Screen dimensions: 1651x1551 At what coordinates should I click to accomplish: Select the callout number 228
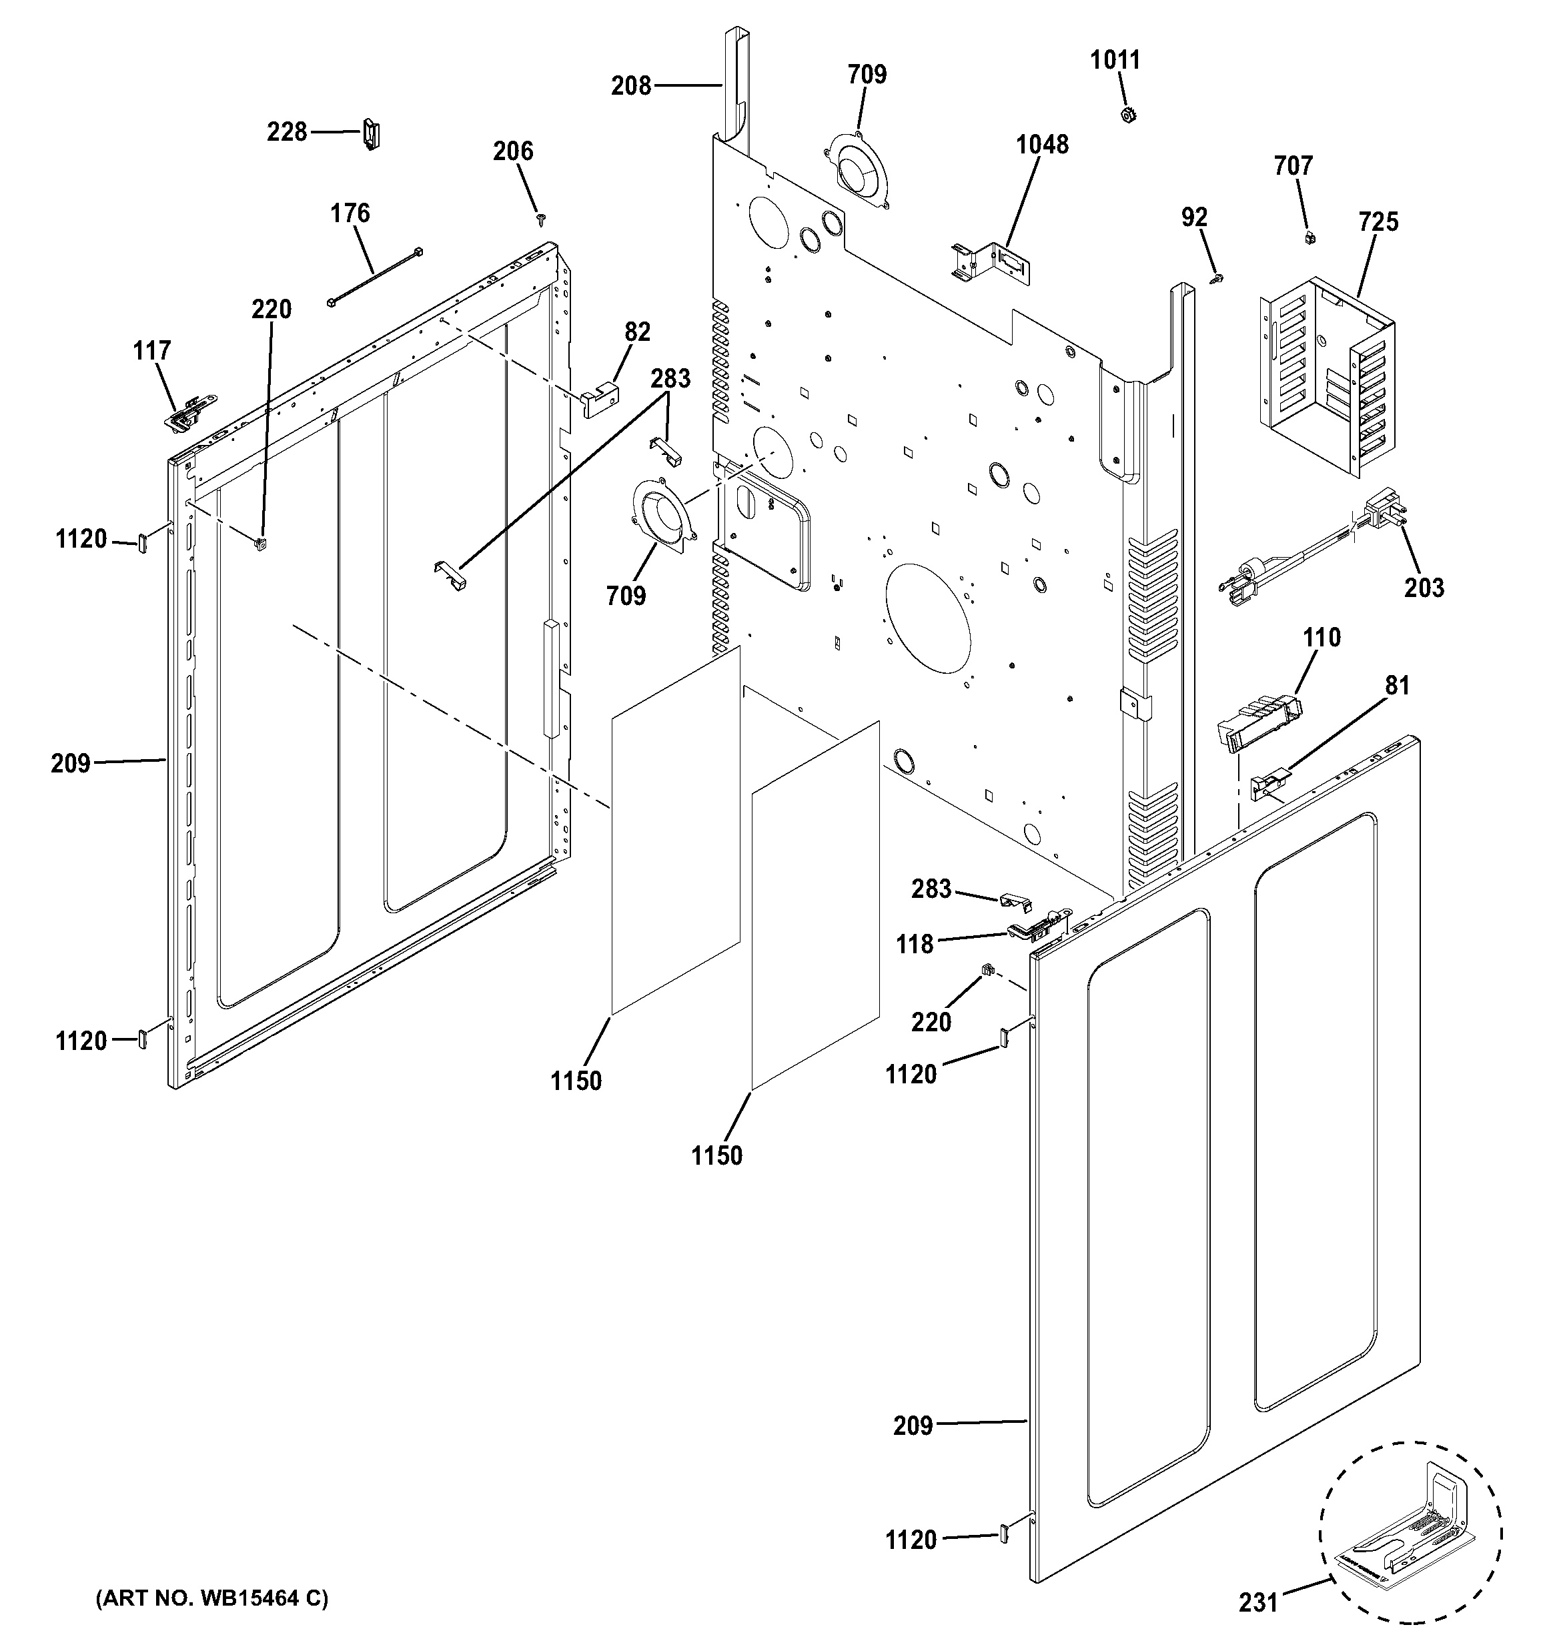[x=286, y=132]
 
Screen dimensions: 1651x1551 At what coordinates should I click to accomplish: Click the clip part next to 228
[x=371, y=133]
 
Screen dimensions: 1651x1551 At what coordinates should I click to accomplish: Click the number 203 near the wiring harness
[x=1424, y=587]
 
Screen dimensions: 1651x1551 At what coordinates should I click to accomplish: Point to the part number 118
[x=914, y=945]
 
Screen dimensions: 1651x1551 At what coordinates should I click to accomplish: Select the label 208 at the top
[x=631, y=85]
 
